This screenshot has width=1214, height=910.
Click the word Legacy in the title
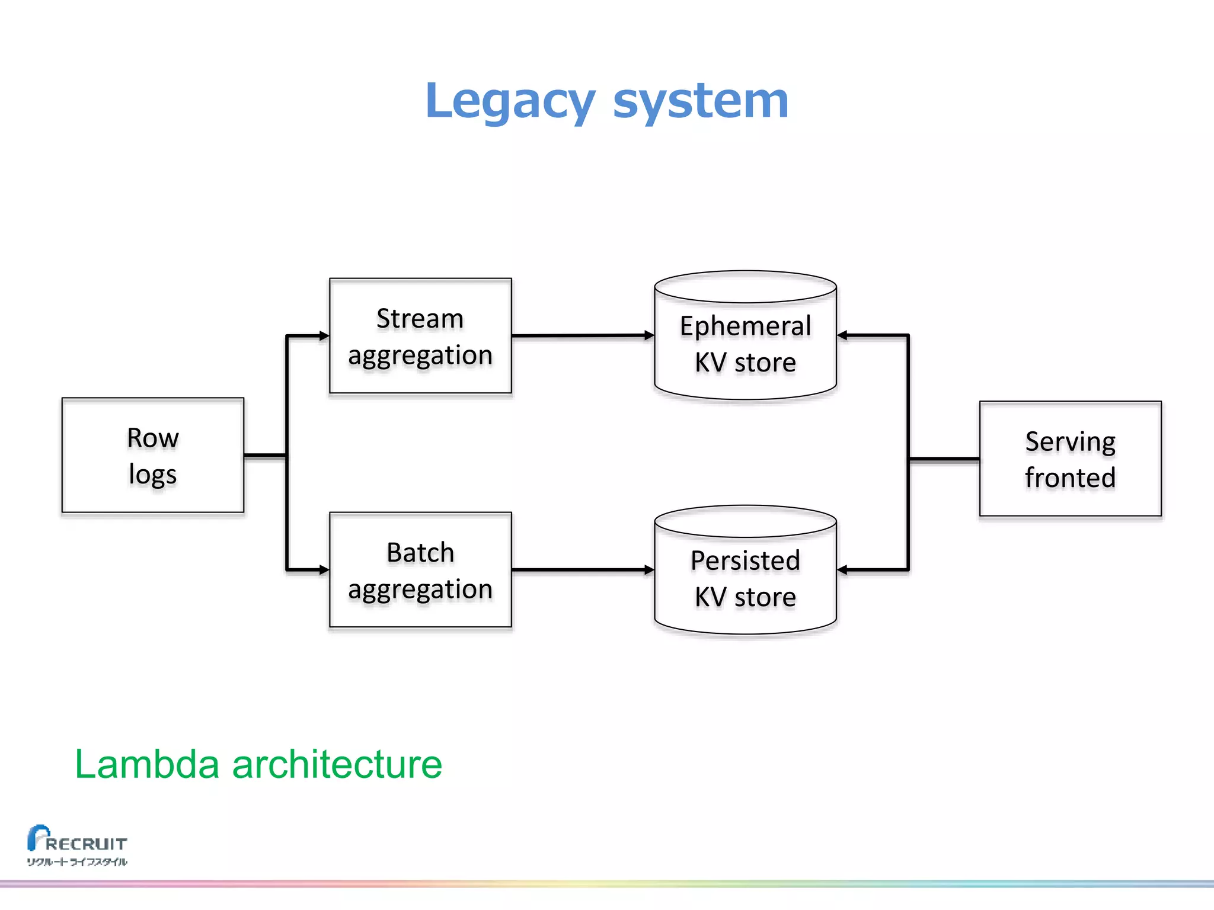[x=510, y=101]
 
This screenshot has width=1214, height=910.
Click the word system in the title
[x=701, y=101]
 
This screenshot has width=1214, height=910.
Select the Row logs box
[x=153, y=455]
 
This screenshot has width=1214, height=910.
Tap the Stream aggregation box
[x=420, y=336]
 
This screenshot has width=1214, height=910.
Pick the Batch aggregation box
[x=420, y=570]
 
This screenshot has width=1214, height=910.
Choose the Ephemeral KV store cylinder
[x=745, y=344]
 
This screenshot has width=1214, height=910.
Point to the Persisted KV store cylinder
[x=745, y=578]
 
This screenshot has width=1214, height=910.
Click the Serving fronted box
[x=1070, y=459]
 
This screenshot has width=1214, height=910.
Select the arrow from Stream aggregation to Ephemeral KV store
[x=581, y=336]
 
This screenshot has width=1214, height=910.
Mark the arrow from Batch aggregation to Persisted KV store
[x=581, y=570]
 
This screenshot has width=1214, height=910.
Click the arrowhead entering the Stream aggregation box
[x=324, y=336]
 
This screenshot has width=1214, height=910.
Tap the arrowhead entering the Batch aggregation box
[x=324, y=570]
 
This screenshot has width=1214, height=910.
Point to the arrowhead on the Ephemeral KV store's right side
[x=843, y=336]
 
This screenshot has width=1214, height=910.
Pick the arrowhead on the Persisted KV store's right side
[x=843, y=570]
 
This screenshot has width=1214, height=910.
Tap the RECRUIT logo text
[x=86, y=844]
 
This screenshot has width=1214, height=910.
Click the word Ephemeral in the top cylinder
[x=745, y=326]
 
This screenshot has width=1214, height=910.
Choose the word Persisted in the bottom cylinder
[x=745, y=560]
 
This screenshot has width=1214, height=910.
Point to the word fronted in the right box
[x=1070, y=478]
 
